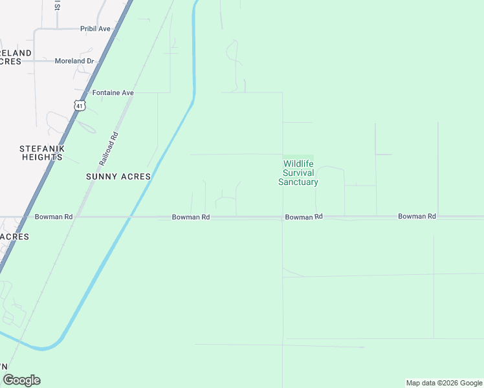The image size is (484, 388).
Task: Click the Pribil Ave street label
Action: click(95, 28)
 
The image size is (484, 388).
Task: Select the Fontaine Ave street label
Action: click(113, 92)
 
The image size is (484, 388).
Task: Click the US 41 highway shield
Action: click(80, 105)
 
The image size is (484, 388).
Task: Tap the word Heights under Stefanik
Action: click(42, 157)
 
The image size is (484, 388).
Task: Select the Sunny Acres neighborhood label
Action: click(118, 176)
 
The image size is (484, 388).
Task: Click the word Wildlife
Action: click(298, 164)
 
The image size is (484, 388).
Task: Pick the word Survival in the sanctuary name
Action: click(298, 173)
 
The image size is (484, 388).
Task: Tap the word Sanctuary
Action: click(298, 182)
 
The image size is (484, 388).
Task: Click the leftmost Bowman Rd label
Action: click(54, 217)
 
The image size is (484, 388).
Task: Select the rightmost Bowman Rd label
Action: click(417, 216)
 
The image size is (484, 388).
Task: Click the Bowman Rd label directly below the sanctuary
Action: click(303, 217)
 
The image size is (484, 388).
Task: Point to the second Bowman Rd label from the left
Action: click(191, 217)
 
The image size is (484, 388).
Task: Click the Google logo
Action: click(21, 380)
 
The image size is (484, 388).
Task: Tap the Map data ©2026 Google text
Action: click(444, 383)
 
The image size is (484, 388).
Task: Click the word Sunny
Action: click(101, 176)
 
